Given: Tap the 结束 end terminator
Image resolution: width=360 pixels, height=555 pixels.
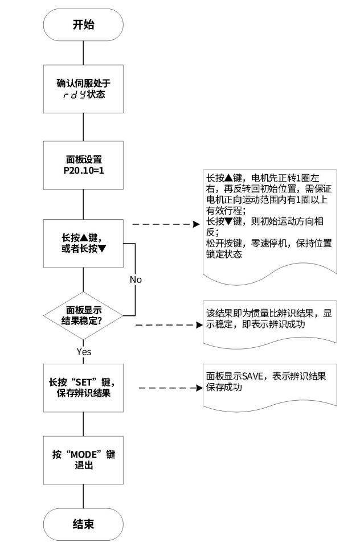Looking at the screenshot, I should click(x=83, y=524).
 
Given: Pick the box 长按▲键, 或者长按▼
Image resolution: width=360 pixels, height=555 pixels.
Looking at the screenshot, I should click(x=83, y=245).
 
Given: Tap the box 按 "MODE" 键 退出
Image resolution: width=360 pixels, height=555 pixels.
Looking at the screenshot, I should click(x=83, y=459).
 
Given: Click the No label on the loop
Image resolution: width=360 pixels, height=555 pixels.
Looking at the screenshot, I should click(x=135, y=279).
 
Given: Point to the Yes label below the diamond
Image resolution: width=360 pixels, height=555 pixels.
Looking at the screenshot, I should click(x=84, y=352).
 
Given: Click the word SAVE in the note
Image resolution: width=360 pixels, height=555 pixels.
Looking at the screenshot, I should click(x=252, y=378).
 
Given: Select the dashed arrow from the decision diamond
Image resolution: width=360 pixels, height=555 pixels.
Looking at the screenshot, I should click(x=165, y=326).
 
